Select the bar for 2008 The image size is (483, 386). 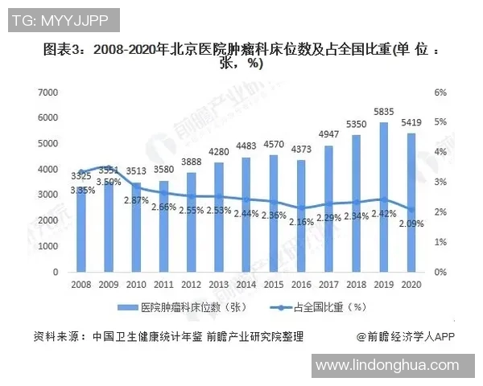(x=80, y=229)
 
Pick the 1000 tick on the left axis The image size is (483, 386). (x=51, y=246)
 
